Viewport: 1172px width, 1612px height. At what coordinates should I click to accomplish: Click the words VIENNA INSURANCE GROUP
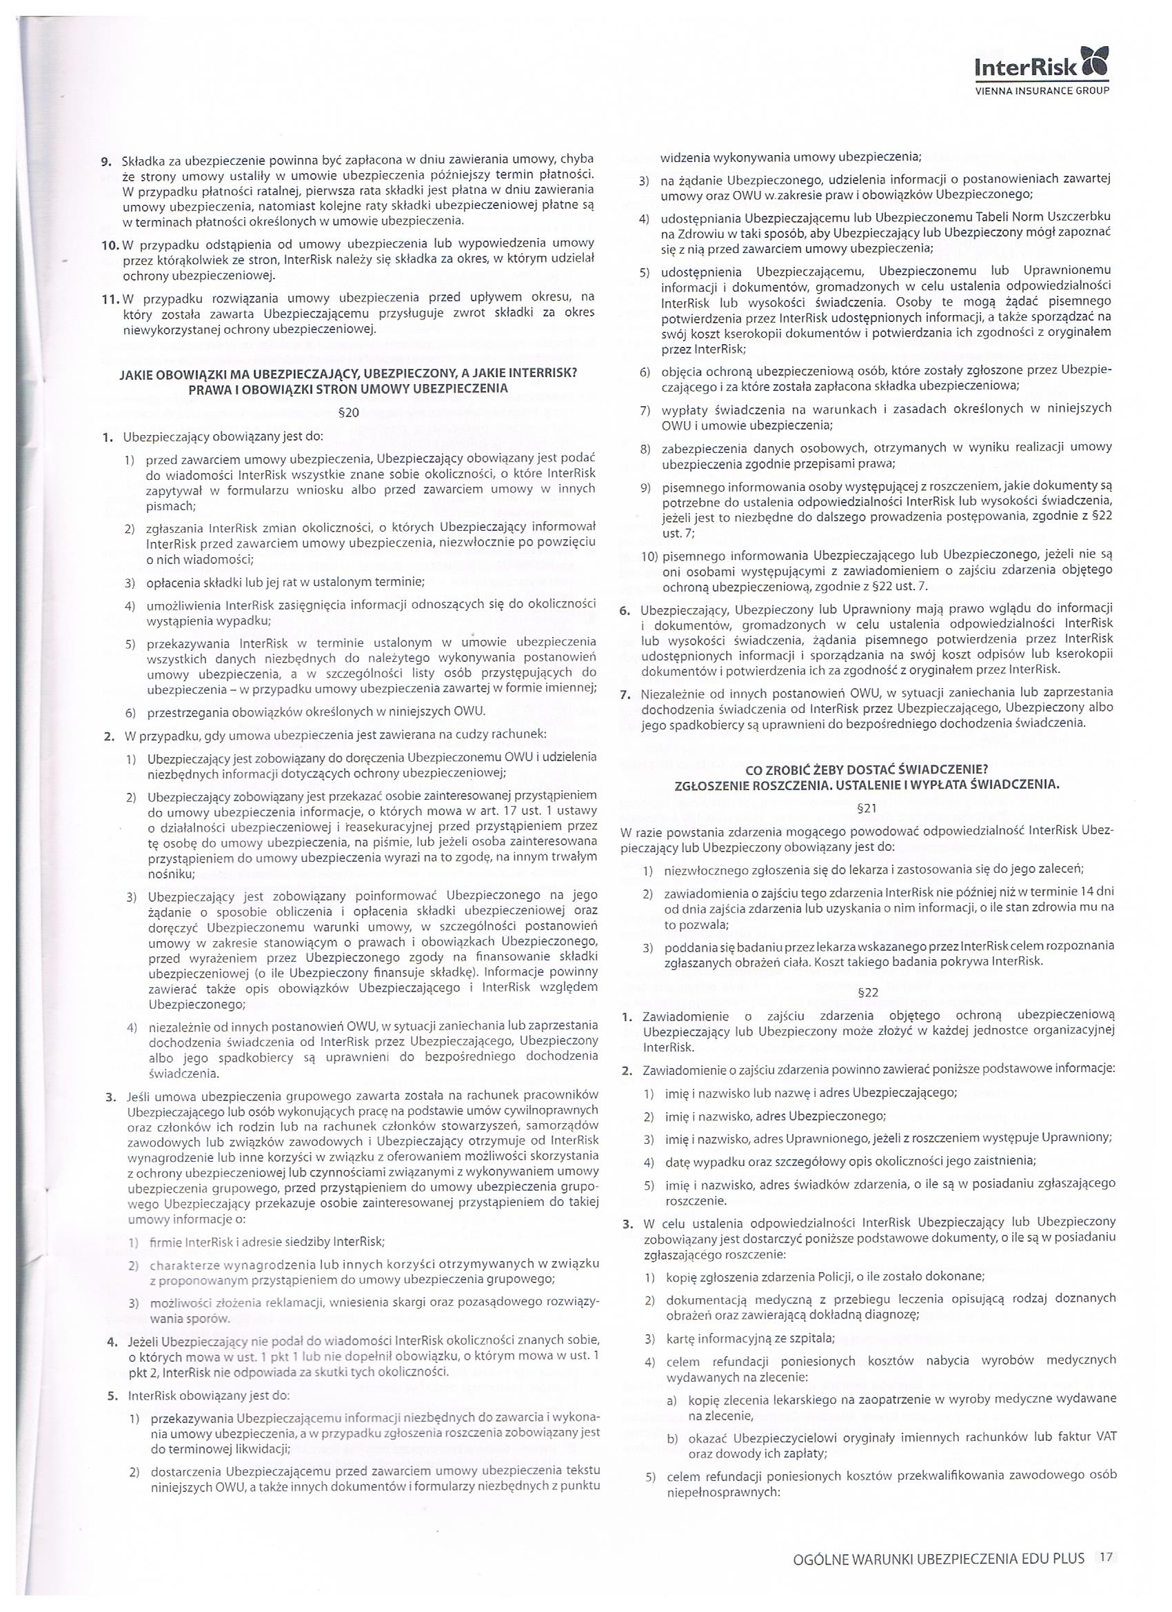(1040, 91)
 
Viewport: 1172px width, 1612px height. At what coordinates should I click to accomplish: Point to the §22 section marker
(868, 992)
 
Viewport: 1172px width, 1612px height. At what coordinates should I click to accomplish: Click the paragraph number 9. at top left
(108, 159)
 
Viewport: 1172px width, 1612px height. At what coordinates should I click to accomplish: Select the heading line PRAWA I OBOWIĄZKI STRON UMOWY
(347, 389)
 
